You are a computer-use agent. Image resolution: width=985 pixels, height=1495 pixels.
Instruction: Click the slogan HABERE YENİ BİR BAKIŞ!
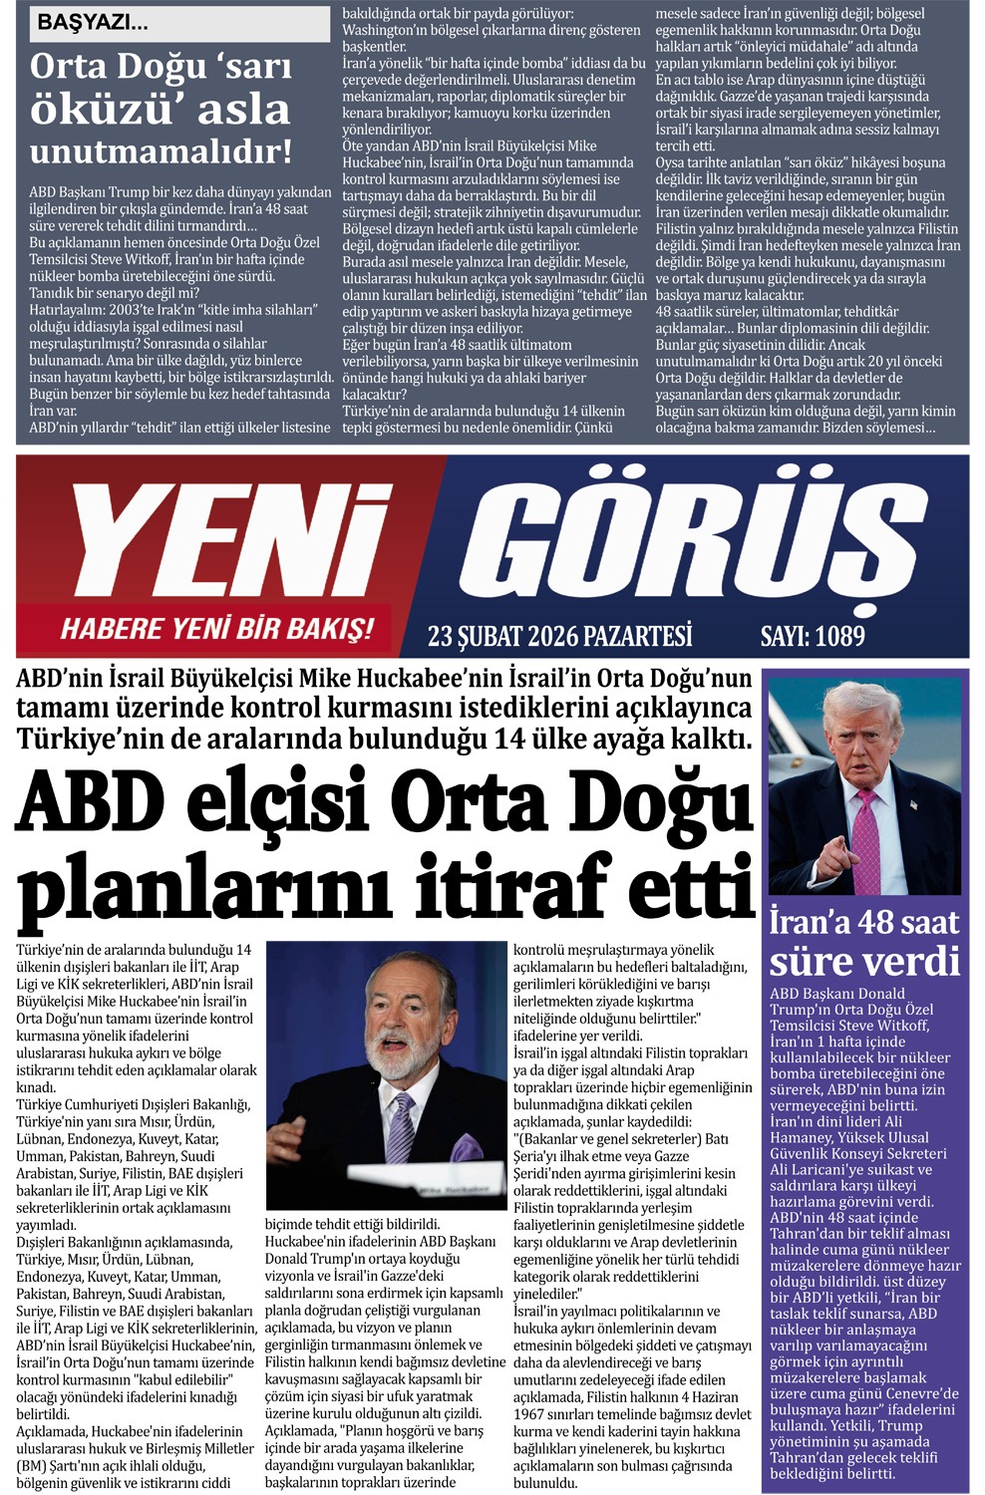click(217, 629)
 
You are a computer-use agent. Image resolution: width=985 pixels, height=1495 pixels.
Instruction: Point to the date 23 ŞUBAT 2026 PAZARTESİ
click(559, 635)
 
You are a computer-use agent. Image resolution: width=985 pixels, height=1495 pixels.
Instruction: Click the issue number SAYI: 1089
click(813, 635)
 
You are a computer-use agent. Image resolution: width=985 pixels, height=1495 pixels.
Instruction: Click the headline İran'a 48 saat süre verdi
click(863, 942)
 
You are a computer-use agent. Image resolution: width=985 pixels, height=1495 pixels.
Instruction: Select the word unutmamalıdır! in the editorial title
click(162, 151)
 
